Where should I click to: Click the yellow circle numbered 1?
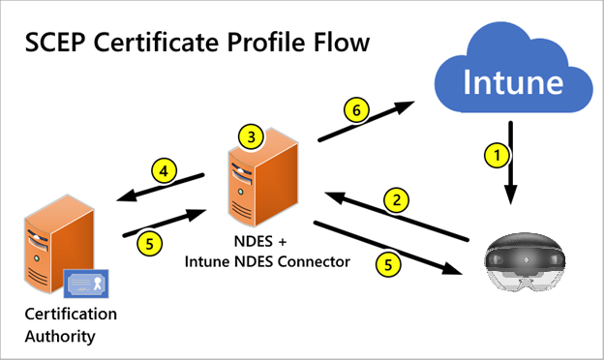495,154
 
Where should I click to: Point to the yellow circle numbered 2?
395,201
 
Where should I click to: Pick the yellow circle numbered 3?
253,136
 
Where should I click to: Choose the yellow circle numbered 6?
356,112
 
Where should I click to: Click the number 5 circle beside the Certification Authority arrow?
148,243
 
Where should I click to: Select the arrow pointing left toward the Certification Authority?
161,188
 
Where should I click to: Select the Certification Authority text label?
74,325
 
